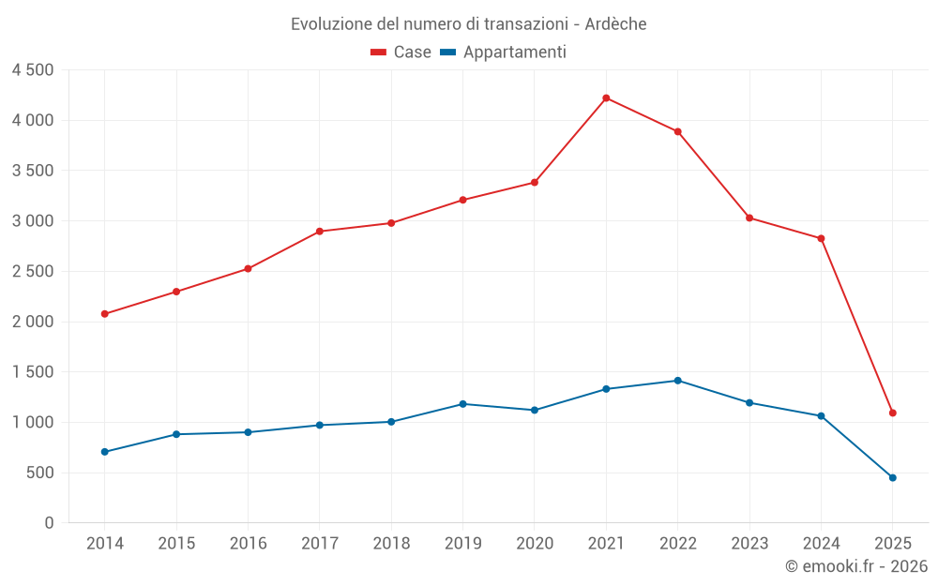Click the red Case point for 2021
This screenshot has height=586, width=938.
606,98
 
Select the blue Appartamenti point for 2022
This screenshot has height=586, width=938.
677,381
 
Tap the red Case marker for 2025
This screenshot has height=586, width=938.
892,413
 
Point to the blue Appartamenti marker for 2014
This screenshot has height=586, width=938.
104,452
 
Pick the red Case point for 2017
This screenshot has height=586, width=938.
319,232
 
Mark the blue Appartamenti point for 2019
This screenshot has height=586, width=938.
462,404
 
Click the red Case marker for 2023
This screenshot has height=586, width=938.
749,218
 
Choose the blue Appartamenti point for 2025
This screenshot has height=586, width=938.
892,477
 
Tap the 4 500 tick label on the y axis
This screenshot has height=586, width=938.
33,70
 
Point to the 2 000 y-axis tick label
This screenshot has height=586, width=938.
33,322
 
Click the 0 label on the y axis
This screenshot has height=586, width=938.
49,523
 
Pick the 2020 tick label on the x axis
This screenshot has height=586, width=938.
535,544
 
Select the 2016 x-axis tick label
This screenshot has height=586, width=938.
248,544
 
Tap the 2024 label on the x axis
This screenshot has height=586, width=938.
821,544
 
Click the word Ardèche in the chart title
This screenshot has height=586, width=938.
615,24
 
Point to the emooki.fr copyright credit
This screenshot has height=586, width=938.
855,566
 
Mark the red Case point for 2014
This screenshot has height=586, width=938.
104,314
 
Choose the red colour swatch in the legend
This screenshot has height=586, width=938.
379,53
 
